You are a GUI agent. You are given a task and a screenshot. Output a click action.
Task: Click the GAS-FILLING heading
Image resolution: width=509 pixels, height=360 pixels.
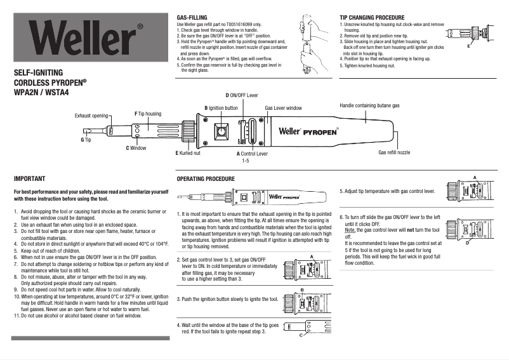tap(191, 18)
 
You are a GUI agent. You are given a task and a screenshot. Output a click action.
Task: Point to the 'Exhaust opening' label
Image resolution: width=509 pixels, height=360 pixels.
tap(91, 116)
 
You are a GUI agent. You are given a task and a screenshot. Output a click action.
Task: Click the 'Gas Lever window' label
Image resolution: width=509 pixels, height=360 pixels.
tap(283, 109)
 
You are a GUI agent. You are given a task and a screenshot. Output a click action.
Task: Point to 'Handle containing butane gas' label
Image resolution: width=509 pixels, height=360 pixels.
tap(369, 105)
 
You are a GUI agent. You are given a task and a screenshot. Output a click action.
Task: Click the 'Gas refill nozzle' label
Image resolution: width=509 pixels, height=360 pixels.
tap(394, 153)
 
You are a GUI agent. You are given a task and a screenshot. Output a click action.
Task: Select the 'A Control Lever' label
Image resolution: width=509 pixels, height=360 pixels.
tap(252, 154)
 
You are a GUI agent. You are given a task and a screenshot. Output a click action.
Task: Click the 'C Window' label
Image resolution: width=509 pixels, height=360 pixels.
tap(136, 148)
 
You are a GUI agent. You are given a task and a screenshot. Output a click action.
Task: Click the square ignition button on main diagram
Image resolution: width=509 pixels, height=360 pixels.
tap(221, 133)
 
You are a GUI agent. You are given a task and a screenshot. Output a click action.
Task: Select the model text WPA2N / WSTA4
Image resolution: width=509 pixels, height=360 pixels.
tap(41, 92)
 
